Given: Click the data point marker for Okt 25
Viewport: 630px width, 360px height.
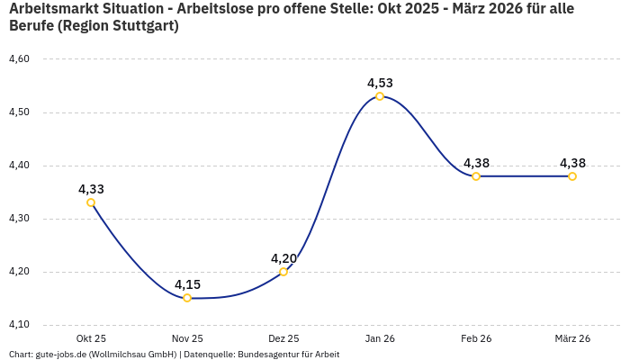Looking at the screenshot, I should pyautogui.click(x=91, y=202).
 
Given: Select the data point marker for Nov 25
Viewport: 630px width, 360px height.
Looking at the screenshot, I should pyautogui.click(x=187, y=298).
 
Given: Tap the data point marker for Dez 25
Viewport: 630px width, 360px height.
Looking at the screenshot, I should pyautogui.click(x=283, y=272).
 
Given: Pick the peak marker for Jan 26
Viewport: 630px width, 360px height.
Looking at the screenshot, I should pyautogui.click(x=380, y=96).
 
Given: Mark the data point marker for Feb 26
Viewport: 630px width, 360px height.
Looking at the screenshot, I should pyautogui.click(x=476, y=176).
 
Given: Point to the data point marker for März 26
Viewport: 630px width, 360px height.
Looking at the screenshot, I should pyautogui.click(x=572, y=176).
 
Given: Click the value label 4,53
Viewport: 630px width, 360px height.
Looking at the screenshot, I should pyautogui.click(x=380, y=83).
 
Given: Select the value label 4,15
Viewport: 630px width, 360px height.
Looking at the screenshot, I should pyautogui.click(x=187, y=284).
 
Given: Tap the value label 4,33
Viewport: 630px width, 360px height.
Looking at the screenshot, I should pyautogui.click(x=91, y=189).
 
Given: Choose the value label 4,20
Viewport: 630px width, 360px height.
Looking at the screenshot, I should pyautogui.click(x=283, y=258).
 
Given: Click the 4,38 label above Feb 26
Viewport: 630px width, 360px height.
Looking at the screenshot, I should pyautogui.click(x=476, y=163).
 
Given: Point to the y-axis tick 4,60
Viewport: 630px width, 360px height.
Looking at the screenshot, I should pyautogui.click(x=19, y=59).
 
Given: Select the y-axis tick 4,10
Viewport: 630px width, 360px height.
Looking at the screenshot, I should pyautogui.click(x=19, y=325).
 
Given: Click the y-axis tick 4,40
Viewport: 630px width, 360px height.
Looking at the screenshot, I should pyautogui.click(x=19, y=166).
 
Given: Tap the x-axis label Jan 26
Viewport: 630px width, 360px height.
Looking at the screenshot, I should pyautogui.click(x=380, y=338).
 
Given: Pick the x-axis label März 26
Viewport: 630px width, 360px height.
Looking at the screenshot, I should pyautogui.click(x=572, y=338).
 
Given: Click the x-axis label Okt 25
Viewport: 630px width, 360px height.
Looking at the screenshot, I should pyautogui.click(x=91, y=338).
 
